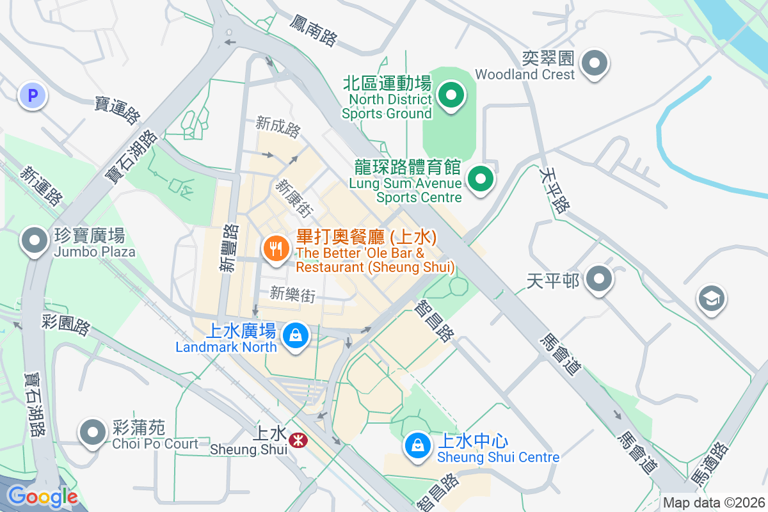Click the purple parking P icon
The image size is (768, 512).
point(33,96)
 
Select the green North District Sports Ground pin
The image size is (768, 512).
point(451,96)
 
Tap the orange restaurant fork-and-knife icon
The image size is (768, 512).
point(276,248)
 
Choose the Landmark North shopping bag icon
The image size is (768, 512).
point(296,335)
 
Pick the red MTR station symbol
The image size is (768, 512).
point(297,440)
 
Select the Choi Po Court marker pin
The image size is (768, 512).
point(93,433)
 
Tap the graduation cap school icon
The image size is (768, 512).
point(711,298)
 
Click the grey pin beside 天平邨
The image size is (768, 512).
point(599,279)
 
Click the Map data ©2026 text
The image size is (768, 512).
point(714,502)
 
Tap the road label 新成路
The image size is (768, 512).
point(278,126)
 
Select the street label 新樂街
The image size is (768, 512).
point(292,294)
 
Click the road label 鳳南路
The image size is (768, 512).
point(313,31)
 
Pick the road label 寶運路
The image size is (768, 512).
point(117,111)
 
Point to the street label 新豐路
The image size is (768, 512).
point(228,248)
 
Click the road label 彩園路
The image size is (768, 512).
point(66,324)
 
